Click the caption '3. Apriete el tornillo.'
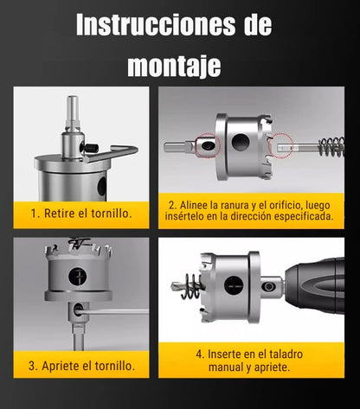click(x=83, y=365)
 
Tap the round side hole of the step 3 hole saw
click(x=79, y=277)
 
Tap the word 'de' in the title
click(x=257, y=25)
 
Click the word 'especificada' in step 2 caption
click(x=298, y=216)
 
